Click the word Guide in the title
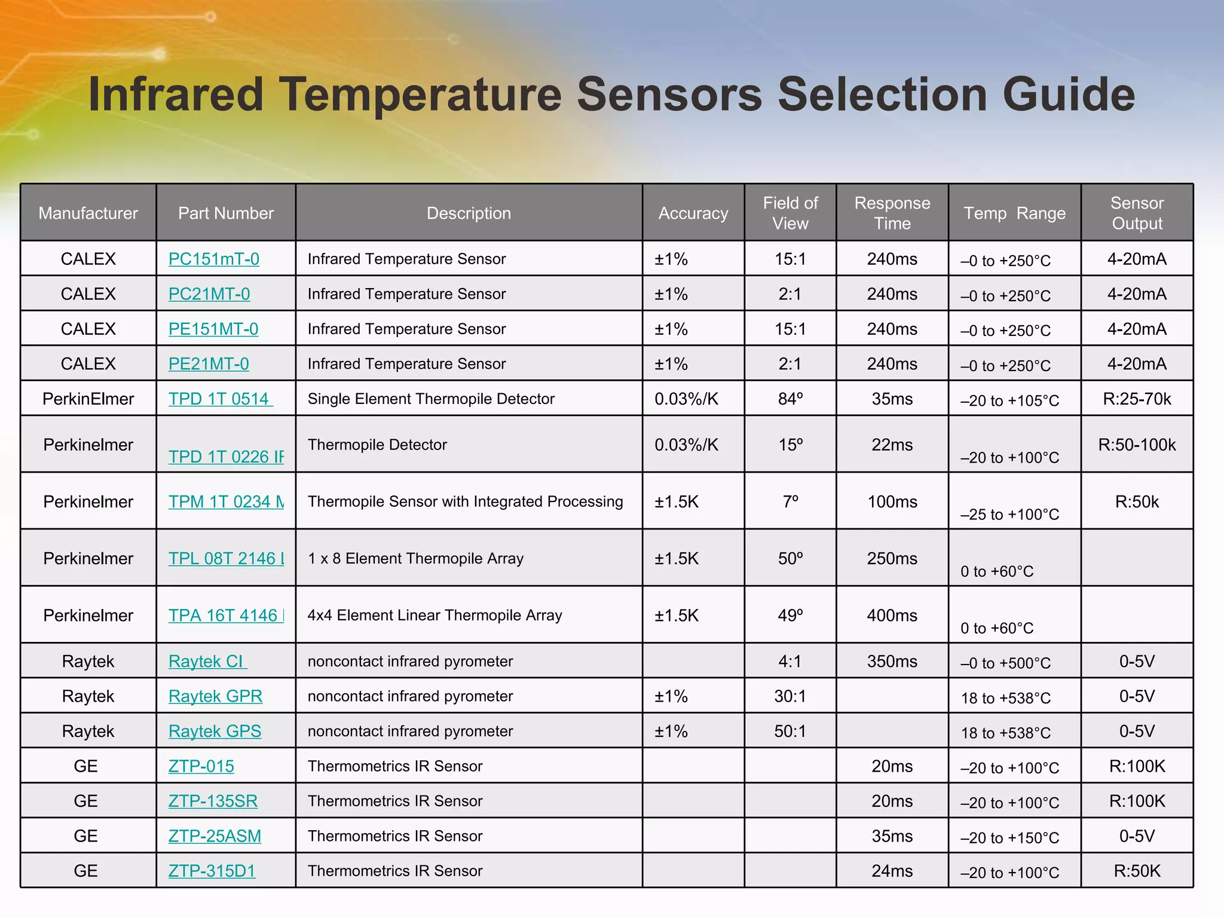(1068, 94)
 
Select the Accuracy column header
(693, 213)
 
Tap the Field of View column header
(790, 213)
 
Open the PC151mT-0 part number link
(214, 259)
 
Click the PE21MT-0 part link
(209, 363)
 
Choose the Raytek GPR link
(215, 696)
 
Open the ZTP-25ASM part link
(215, 836)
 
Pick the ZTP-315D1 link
(212, 871)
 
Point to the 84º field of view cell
(790, 399)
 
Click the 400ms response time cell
(892, 615)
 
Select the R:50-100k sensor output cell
(1137, 445)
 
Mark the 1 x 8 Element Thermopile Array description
(415, 558)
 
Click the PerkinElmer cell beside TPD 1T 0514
(88, 399)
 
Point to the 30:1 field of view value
(790, 696)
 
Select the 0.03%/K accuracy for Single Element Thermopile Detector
(686, 399)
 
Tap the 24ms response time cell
(892, 871)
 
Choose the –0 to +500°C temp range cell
(1005, 663)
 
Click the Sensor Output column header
(1137, 213)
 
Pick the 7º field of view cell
(790, 501)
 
